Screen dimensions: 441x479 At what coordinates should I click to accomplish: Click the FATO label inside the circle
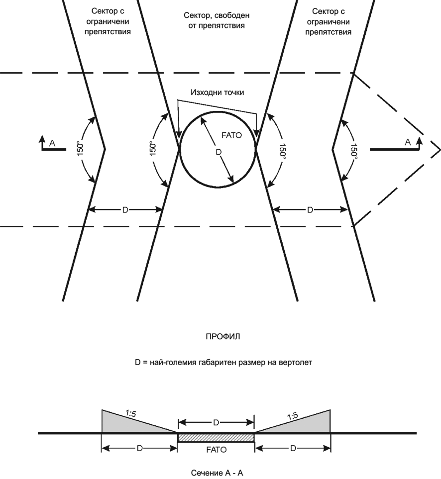tap(231, 135)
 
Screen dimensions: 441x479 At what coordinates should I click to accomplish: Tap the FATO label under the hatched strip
tap(217, 450)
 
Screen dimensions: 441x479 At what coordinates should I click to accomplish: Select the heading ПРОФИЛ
tap(222, 337)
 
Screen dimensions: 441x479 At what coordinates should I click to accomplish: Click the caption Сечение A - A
tap(217, 473)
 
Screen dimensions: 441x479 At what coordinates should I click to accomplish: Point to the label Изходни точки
tap(218, 92)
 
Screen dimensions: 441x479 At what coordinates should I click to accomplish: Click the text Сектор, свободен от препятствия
tap(217, 20)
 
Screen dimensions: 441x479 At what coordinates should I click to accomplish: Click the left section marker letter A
tap(52, 143)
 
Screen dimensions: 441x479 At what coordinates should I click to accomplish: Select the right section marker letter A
tap(407, 142)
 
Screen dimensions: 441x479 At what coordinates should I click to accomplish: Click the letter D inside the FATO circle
tap(219, 152)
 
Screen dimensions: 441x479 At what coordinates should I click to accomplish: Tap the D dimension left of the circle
tap(125, 210)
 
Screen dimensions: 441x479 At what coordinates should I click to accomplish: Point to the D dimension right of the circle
tap(310, 210)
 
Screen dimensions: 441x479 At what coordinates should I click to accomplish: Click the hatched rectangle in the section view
tap(216, 437)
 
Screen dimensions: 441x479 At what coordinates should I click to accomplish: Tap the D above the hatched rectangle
tap(216, 423)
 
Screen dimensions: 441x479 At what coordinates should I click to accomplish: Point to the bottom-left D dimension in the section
tap(139, 449)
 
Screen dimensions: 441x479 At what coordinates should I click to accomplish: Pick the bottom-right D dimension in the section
tap(293, 449)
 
